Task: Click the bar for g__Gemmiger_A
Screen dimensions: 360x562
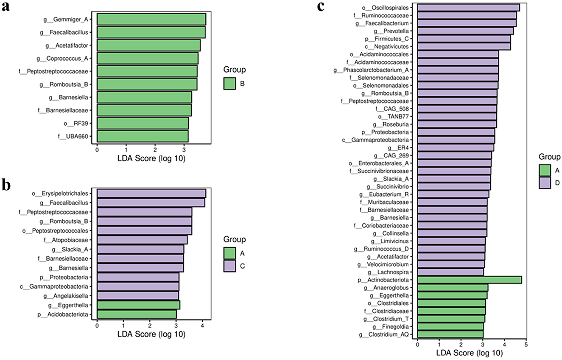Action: tap(151, 19)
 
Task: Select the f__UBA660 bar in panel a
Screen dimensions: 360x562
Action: tap(143, 136)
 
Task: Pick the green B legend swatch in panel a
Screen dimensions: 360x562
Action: tap(229, 84)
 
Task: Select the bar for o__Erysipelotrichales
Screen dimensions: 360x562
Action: tap(151, 194)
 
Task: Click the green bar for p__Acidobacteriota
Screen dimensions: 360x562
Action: tap(137, 314)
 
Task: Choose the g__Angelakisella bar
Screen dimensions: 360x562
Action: tap(138, 295)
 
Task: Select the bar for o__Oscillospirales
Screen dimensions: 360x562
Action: tap(468, 8)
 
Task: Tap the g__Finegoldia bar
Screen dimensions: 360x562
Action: tap(450, 326)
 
